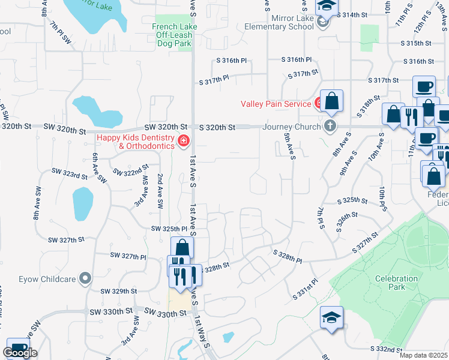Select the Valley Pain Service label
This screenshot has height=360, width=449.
[x=276, y=104]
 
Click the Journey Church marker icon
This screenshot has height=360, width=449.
[x=329, y=126]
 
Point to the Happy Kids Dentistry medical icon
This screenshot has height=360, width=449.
[x=183, y=142]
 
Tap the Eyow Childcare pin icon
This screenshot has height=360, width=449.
[x=85, y=277]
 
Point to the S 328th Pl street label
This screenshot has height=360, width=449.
[x=286, y=257]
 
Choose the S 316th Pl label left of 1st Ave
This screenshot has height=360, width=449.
[x=232, y=60]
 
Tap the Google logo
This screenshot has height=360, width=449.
[x=19, y=353]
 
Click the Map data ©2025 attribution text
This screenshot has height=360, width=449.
[x=423, y=355]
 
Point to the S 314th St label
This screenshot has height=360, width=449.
[x=352, y=14]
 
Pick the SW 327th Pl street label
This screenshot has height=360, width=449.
[x=128, y=256]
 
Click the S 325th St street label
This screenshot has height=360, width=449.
[x=351, y=200]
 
